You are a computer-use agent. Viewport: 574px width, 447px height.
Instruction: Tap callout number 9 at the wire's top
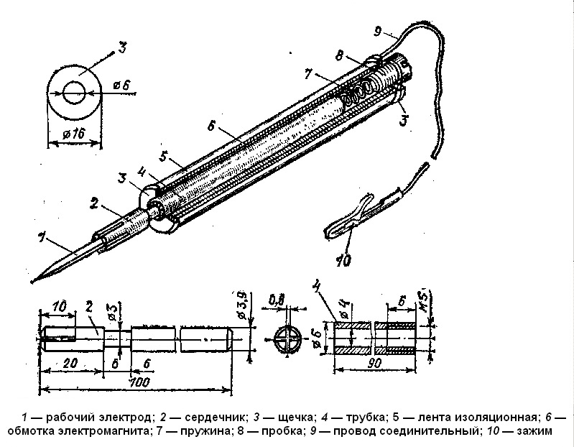pyautogui.click(x=379, y=32)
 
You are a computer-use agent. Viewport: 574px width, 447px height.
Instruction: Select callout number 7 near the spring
pyautogui.click(x=309, y=73)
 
